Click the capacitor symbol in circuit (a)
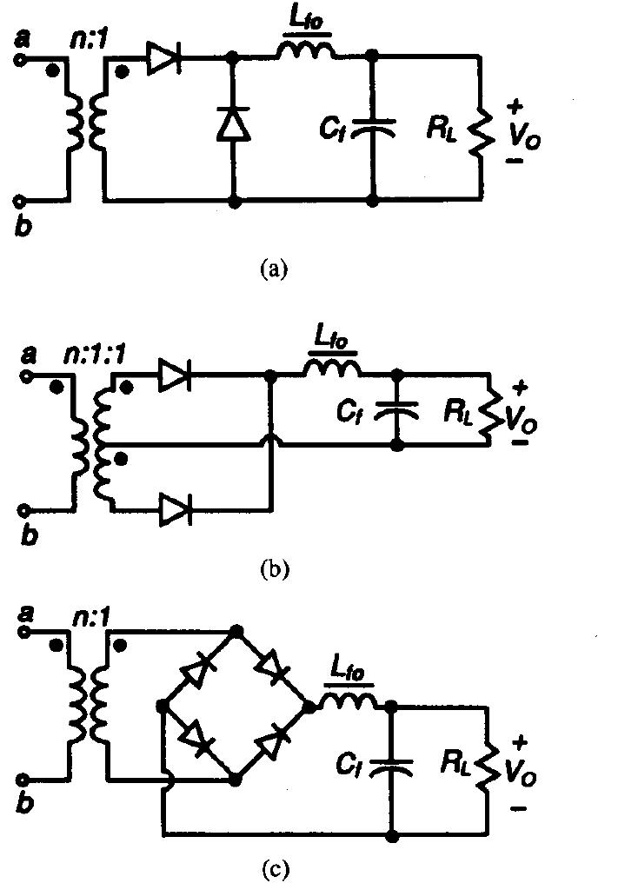[373, 128]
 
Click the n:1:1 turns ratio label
[84, 355]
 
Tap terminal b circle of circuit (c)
[23, 780]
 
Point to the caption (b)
[274, 570]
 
